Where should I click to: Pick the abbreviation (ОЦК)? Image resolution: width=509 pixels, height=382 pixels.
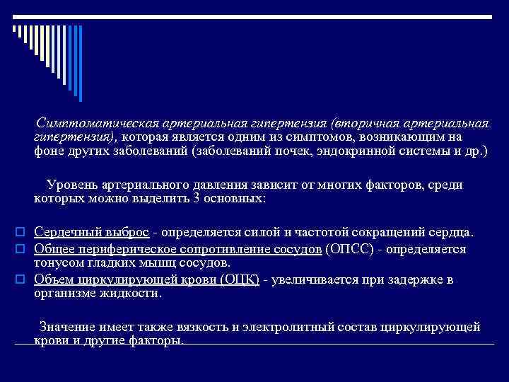tap(240, 279)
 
